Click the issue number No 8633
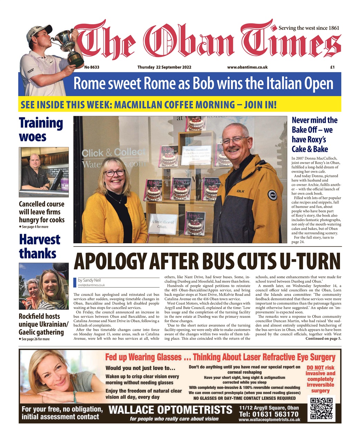click(92, 67)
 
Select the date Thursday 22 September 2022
click(164, 67)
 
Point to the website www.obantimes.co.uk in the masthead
click(247, 67)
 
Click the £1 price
click(332, 67)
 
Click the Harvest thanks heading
click(39, 246)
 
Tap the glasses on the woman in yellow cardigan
click(114, 173)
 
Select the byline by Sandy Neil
click(89, 280)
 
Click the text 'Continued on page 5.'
click(323, 339)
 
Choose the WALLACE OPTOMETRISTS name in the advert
click(170, 410)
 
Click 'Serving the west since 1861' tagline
click(309, 28)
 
